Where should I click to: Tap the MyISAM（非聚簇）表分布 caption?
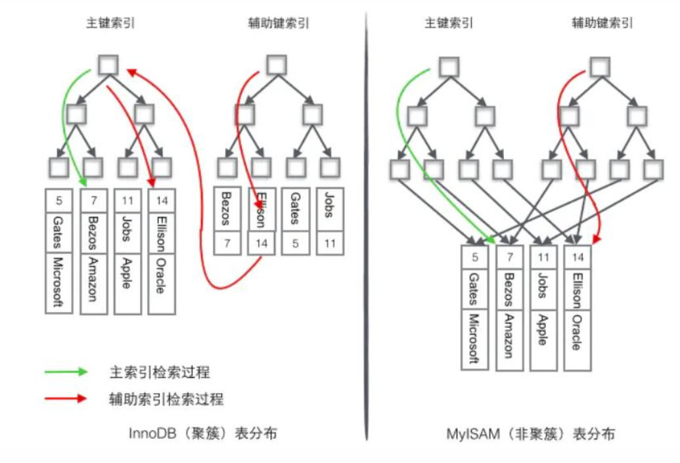(531, 434)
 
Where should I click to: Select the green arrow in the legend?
(66, 372)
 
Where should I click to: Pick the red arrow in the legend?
(66, 398)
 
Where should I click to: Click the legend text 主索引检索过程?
(159, 372)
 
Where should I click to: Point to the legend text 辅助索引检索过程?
(166, 399)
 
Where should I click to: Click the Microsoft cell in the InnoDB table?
(59, 282)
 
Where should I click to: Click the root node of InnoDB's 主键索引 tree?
(108, 65)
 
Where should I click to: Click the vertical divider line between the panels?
(366, 230)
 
